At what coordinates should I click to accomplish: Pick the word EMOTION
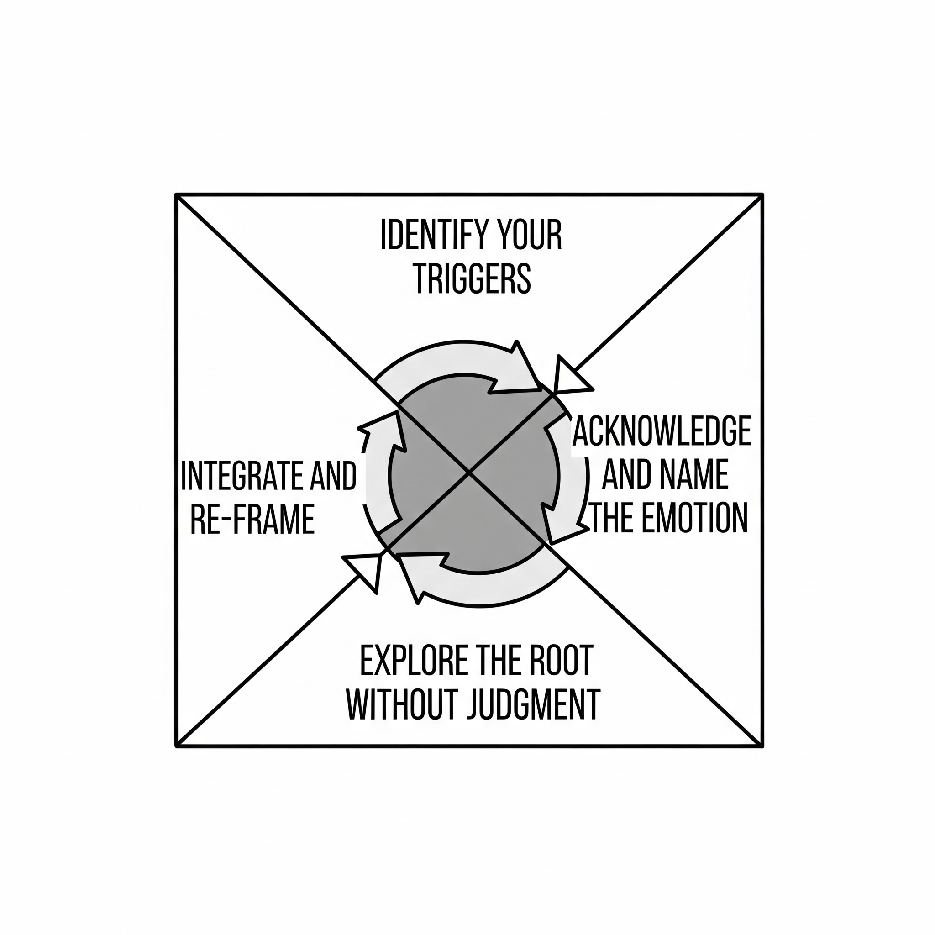pos(695,518)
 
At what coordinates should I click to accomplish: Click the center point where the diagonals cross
pos(468,473)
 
